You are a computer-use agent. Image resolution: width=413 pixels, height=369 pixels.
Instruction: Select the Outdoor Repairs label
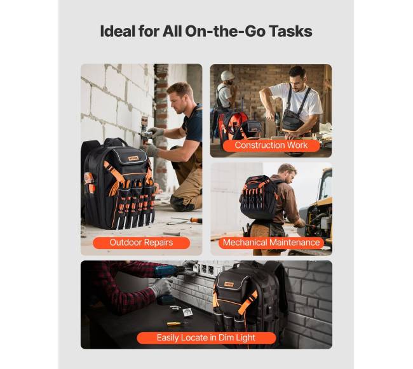click(x=141, y=243)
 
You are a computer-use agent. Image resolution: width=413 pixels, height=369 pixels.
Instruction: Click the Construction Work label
click(x=271, y=145)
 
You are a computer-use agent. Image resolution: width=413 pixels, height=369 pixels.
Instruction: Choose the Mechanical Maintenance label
click(x=271, y=243)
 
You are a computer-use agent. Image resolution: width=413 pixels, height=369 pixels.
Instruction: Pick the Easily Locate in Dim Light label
click(x=207, y=338)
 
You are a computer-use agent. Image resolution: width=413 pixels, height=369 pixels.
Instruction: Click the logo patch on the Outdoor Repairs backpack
click(x=133, y=158)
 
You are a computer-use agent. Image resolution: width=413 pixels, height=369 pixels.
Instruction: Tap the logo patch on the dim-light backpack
click(x=229, y=285)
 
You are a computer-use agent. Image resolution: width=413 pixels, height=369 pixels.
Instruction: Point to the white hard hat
click(x=227, y=76)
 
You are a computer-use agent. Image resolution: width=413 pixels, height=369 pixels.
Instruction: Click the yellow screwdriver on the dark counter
click(x=177, y=323)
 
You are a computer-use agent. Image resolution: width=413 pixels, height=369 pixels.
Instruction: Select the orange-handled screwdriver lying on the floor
click(x=187, y=220)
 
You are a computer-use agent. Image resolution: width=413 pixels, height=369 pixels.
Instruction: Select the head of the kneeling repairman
click(x=181, y=97)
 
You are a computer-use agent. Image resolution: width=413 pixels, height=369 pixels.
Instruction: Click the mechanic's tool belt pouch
click(x=276, y=231)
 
